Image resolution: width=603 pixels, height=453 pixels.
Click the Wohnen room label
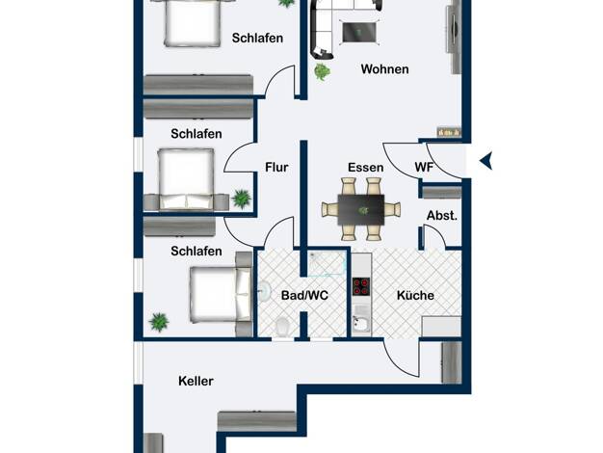tap(384, 69)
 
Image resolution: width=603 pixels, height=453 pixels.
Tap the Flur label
tap(276, 168)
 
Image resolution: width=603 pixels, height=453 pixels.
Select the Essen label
tap(366, 168)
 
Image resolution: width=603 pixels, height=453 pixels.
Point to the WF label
tap(424, 167)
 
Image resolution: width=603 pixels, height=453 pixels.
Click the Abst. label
tap(442, 216)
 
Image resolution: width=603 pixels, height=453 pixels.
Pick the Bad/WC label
tap(304, 295)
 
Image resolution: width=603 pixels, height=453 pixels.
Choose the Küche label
tap(415, 295)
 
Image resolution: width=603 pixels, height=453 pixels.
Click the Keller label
tap(196, 381)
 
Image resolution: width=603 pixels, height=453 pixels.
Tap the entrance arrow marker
tap(486, 161)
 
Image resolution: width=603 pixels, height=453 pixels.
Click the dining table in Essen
tap(360, 210)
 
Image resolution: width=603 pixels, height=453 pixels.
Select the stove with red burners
tap(361, 286)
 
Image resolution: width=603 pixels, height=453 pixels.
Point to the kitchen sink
tap(361, 324)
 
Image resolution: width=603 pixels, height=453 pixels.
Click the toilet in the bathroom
tap(282, 327)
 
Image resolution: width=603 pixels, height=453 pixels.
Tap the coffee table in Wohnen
tap(358, 33)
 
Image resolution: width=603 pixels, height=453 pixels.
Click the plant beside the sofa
tap(322, 71)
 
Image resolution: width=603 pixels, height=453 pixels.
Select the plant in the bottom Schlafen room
tap(159, 322)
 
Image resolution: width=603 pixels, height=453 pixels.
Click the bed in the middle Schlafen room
tap(186, 179)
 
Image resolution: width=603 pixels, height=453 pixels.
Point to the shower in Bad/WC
tap(327, 264)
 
